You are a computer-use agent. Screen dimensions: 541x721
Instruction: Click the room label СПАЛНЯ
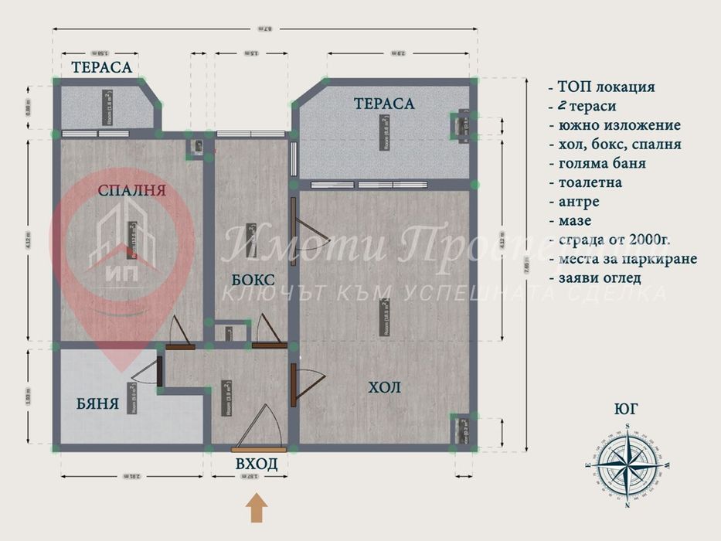(132, 191)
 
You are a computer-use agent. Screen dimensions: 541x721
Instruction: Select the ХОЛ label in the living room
(384, 387)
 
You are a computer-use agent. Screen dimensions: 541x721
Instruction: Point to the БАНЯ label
(97, 403)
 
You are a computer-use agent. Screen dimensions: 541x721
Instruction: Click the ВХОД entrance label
(256, 464)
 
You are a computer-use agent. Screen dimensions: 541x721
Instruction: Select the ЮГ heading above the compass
(627, 409)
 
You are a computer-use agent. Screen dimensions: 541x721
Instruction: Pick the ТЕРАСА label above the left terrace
(101, 67)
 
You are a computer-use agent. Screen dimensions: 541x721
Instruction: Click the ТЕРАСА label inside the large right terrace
(384, 103)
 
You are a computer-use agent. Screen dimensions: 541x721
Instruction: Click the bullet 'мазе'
(575, 221)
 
